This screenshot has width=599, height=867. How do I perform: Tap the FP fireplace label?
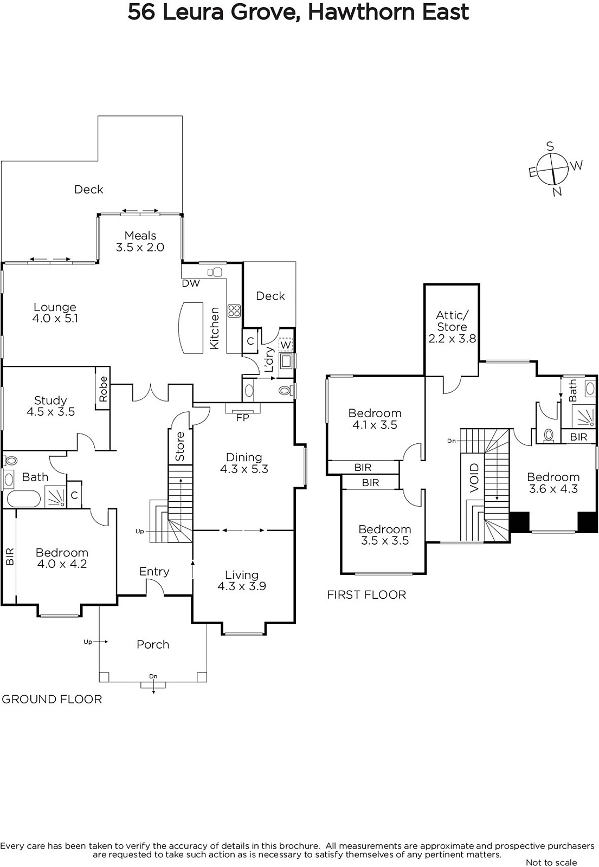click(x=242, y=418)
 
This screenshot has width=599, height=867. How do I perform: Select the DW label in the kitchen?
click(x=191, y=283)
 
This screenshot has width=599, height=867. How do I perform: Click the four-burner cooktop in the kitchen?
click(x=234, y=310)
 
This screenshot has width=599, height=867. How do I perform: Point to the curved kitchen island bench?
click(x=191, y=327)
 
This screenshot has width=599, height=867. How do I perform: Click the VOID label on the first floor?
click(x=474, y=478)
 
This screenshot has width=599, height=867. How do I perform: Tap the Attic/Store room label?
click(x=452, y=327)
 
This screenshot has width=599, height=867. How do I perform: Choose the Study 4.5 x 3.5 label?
click(x=51, y=406)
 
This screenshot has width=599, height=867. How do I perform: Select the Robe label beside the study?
click(x=103, y=389)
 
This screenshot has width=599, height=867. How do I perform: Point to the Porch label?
click(x=153, y=644)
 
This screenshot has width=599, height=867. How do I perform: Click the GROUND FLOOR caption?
click(x=52, y=699)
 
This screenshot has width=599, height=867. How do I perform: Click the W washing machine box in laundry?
click(x=285, y=344)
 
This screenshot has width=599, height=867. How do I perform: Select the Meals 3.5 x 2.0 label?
click(x=140, y=241)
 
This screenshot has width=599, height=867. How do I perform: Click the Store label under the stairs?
click(x=180, y=447)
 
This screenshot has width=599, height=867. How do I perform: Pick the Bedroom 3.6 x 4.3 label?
click(x=553, y=483)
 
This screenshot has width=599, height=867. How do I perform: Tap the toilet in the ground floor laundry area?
click(x=285, y=390)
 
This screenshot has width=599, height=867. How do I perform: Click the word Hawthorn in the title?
click(x=361, y=13)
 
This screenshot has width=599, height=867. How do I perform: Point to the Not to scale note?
click(x=551, y=862)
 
